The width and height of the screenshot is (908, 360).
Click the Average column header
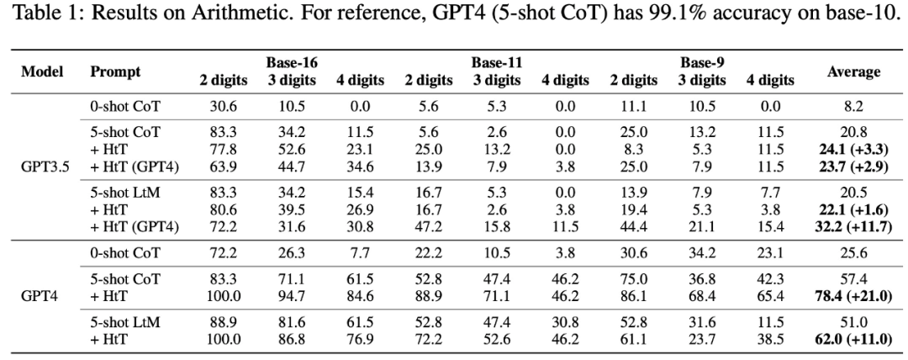pyautogui.click(x=853, y=71)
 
